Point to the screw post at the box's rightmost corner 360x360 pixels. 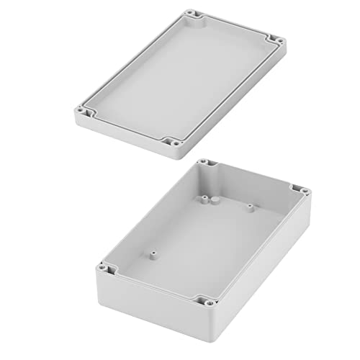click(305, 192)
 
